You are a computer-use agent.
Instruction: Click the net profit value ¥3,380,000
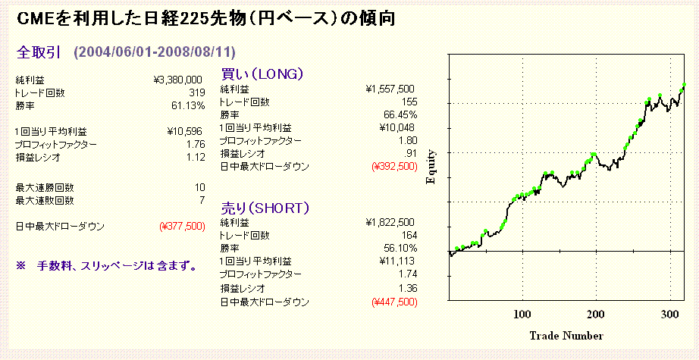(177, 80)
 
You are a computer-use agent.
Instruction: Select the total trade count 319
(196, 92)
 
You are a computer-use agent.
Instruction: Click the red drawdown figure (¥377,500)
(183, 226)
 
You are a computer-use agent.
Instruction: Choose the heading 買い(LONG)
(262, 74)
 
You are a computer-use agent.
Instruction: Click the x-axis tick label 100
(522, 314)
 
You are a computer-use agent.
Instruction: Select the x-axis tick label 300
(669, 314)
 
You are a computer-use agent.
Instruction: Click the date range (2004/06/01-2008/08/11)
(154, 52)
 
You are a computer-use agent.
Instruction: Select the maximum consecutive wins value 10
(199, 187)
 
